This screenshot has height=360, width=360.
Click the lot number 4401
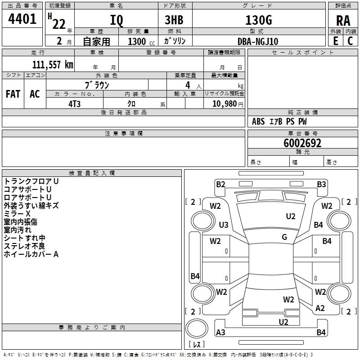coord(22,18)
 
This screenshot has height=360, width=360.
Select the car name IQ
coord(117,20)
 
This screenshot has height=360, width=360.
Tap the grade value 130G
coord(259,20)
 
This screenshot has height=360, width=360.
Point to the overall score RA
coord(343,21)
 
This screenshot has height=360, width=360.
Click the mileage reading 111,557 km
coord(53,64)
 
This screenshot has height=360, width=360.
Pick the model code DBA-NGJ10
coord(258,41)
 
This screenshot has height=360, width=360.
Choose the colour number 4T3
coord(74,104)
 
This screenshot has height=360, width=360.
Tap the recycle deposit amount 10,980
coord(225,104)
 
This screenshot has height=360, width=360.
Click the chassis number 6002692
coord(302,143)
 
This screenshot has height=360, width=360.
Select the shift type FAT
coord(13,94)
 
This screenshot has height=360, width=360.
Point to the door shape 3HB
coord(174,20)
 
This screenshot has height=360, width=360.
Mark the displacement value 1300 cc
coord(141,41)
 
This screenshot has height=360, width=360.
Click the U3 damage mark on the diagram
coord(224,225)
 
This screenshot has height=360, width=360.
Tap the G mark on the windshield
coord(284,237)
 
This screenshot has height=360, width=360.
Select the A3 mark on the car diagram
coord(220,332)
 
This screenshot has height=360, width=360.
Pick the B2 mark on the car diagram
coord(220,184)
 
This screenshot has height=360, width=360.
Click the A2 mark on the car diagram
coord(320,308)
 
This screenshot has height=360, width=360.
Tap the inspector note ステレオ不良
coord(24,246)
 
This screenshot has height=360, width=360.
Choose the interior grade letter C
coord(350,41)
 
